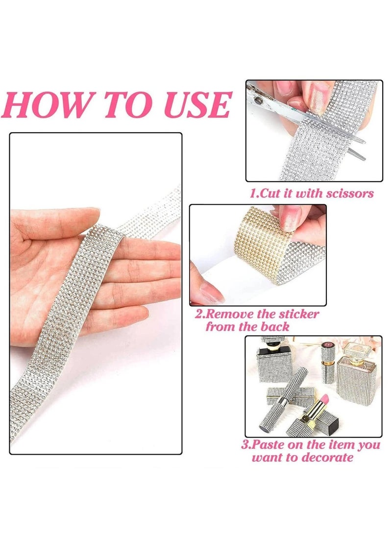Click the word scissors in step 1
pos(346,194)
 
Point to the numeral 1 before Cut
pos(253,194)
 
